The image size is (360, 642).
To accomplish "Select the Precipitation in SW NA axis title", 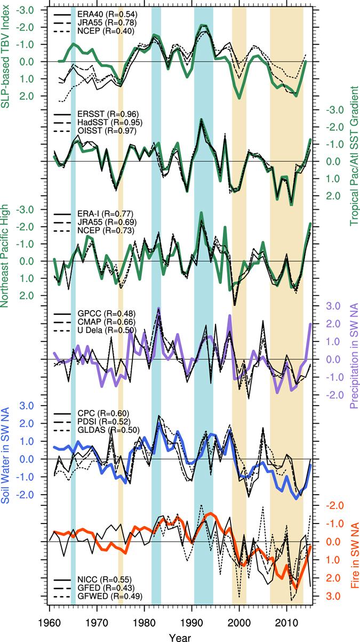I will (353, 358).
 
